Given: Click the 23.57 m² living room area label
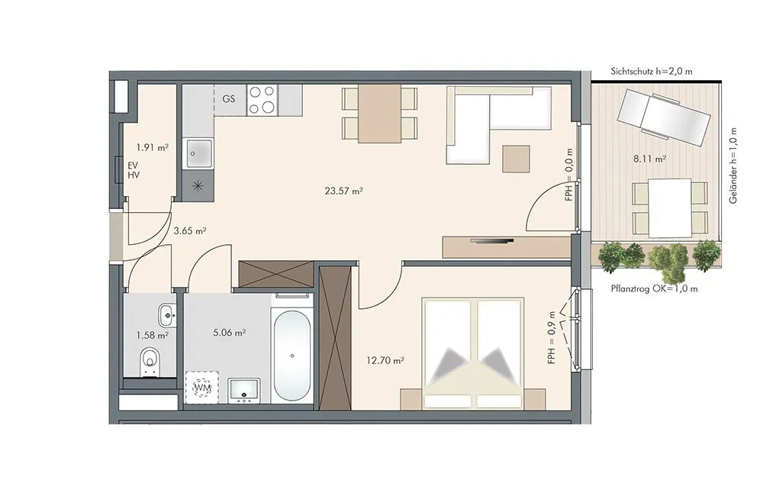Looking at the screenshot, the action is point(343,191).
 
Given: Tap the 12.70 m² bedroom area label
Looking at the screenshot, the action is point(385,361).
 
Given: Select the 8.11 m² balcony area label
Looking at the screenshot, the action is point(649,158).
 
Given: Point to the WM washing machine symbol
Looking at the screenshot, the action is point(202,388).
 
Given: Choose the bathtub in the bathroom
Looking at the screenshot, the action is point(292,355).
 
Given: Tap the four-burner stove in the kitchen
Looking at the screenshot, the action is point(262,100).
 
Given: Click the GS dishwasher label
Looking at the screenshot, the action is point(229,98).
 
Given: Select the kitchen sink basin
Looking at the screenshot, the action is point(198,154).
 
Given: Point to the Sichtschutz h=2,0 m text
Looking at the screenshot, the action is point(652,72).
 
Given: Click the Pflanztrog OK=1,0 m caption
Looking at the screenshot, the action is point(654,288).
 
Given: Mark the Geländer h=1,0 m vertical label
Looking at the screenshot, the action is point(732,166).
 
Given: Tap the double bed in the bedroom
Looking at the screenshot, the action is point(472,352).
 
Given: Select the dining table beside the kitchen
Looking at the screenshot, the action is point(379,114).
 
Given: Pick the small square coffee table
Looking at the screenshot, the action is point(516,159).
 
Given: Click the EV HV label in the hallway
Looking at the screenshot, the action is point(134,170).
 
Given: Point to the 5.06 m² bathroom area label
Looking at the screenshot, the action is point(229,333).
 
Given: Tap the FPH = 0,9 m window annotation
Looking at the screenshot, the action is point(552,338).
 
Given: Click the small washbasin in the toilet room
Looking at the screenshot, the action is point(167,315).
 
